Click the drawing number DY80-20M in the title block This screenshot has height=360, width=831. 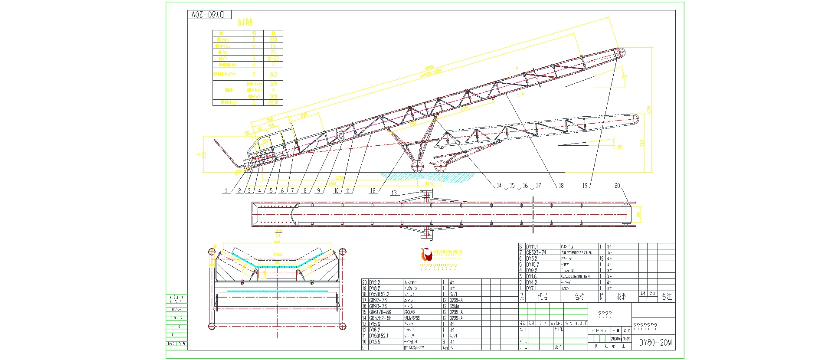pyautogui.click(x=655, y=343)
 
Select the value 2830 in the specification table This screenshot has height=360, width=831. pyautogui.click(x=273, y=102)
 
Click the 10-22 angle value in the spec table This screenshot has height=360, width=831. pyautogui.click(x=273, y=58)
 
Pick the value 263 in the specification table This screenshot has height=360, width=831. pyautogui.click(x=273, y=75)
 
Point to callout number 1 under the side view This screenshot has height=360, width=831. pyautogui.click(x=226, y=190)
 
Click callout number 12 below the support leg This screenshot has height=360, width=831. pyautogui.click(x=373, y=190)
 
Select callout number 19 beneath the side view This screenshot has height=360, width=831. pyautogui.click(x=585, y=186)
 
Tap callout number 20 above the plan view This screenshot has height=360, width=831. pyautogui.click(x=617, y=186)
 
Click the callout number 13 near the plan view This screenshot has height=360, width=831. pyautogui.click(x=394, y=193)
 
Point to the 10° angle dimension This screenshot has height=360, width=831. pyautogui.click(x=620, y=147)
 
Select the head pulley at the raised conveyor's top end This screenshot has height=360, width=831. pyautogui.click(x=620, y=52)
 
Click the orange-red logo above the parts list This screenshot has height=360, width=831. pyautogui.click(x=426, y=254)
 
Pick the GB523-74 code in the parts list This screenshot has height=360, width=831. pyautogui.click(x=536, y=252)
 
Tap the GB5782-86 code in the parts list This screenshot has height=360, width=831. pyautogui.click(x=380, y=318)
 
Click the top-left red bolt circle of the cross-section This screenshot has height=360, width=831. pyautogui.click(x=212, y=251)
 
